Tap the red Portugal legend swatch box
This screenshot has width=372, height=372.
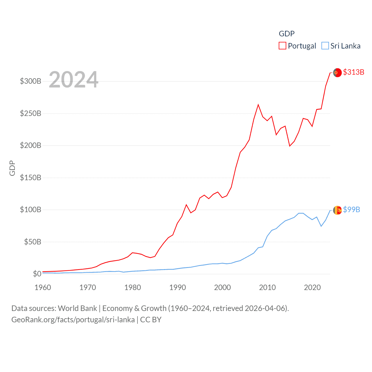click(282, 46)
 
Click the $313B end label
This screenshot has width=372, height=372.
click(353, 72)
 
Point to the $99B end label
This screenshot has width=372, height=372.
click(351, 210)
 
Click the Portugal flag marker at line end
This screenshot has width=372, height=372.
click(337, 73)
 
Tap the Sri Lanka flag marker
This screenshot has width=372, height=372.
click(337, 210)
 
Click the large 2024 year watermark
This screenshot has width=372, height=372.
click(74, 80)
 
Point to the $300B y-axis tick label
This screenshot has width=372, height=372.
click(31, 81)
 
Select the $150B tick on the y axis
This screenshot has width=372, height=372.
click(31, 178)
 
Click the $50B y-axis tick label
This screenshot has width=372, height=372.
click(33, 242)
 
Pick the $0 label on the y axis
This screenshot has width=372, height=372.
click(37, 274)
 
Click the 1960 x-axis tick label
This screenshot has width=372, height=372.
click(43, 287)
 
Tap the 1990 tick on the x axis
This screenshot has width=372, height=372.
click(178, 287)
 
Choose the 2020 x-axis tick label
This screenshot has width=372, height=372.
click(312, 287)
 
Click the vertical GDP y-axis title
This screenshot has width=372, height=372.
click(12, 168)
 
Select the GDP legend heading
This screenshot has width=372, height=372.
click(287, 34)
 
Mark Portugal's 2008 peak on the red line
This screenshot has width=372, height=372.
click(258, 105)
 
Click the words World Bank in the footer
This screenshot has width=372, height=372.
click(77, 308)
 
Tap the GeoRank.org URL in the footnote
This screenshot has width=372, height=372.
click(73, 320)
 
